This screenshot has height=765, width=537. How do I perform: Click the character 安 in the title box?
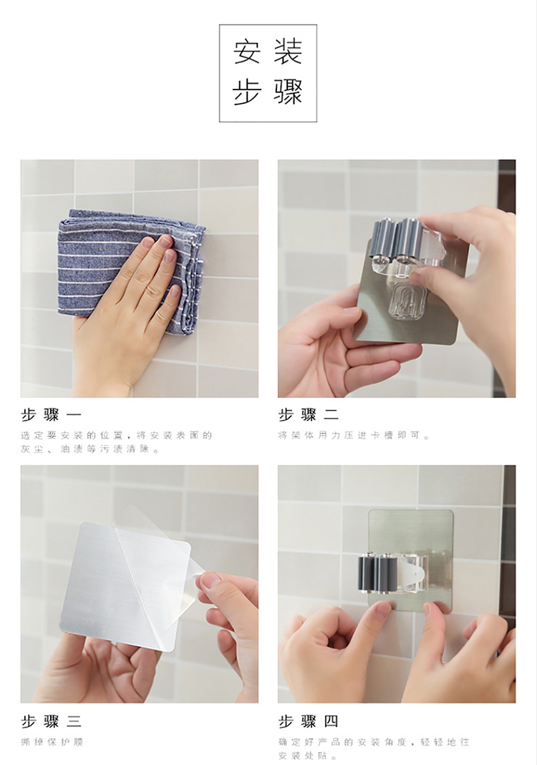(247, 52)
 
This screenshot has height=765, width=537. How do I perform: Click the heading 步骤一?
(52, 414)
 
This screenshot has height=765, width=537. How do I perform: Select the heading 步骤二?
(309, 414)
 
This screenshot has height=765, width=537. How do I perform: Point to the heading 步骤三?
(52, 721)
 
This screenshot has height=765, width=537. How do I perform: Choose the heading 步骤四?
(309, 721)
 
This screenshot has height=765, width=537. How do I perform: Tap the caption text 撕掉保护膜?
(52, 742)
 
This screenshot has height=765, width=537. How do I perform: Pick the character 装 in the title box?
(288, 52)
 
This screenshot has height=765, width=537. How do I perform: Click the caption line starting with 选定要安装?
(117, 435)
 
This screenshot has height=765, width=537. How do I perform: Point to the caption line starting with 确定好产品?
(374, 742)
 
